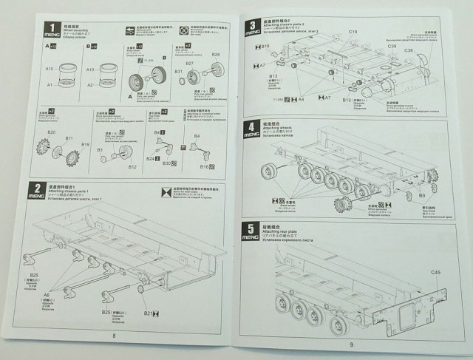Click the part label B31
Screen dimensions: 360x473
[179, 72]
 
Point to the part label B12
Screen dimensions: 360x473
[132, 167]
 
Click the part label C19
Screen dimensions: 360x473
[353, 32]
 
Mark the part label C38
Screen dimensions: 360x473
[408, 50]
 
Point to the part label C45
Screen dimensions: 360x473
[435, 274]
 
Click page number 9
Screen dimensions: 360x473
[352, 344]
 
